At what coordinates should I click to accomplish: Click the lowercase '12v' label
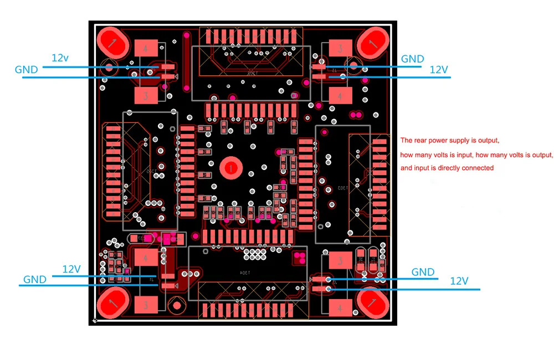60,58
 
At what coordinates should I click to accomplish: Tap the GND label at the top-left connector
26,70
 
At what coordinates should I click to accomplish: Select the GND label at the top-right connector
412,59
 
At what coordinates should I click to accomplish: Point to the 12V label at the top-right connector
439,69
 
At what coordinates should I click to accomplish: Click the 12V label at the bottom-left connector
71,269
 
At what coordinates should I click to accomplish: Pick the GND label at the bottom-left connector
34,280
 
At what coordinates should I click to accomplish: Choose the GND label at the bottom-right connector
423,272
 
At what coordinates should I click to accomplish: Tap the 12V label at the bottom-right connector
459,281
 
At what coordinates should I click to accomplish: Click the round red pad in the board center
229,167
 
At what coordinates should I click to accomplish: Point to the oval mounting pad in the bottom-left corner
113,303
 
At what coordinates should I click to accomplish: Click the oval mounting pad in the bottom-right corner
371,303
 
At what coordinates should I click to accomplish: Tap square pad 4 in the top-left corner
145,49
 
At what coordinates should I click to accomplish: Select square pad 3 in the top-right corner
340,49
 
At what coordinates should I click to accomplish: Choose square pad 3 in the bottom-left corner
145,305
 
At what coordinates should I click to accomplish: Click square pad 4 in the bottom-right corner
340,306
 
